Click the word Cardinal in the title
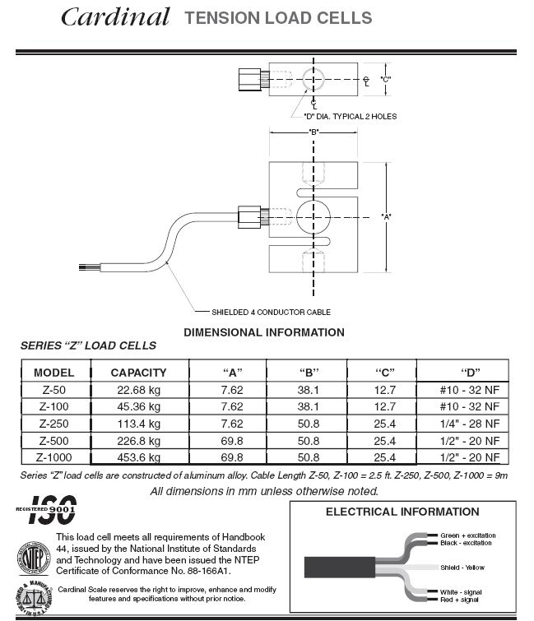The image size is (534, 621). click(115, 16)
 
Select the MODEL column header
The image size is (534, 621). click(54, 372)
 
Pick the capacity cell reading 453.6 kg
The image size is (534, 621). click(138, 457)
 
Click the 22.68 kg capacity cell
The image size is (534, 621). click(138, 390)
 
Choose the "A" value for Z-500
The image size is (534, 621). click(233, 441)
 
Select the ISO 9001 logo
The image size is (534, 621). click(49, 511)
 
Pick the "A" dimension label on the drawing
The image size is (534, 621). click(386, 216)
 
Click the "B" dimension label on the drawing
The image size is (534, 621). click(313, 132)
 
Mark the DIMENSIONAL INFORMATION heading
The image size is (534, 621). click(263, 332)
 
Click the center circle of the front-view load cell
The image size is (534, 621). click(313, 215)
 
